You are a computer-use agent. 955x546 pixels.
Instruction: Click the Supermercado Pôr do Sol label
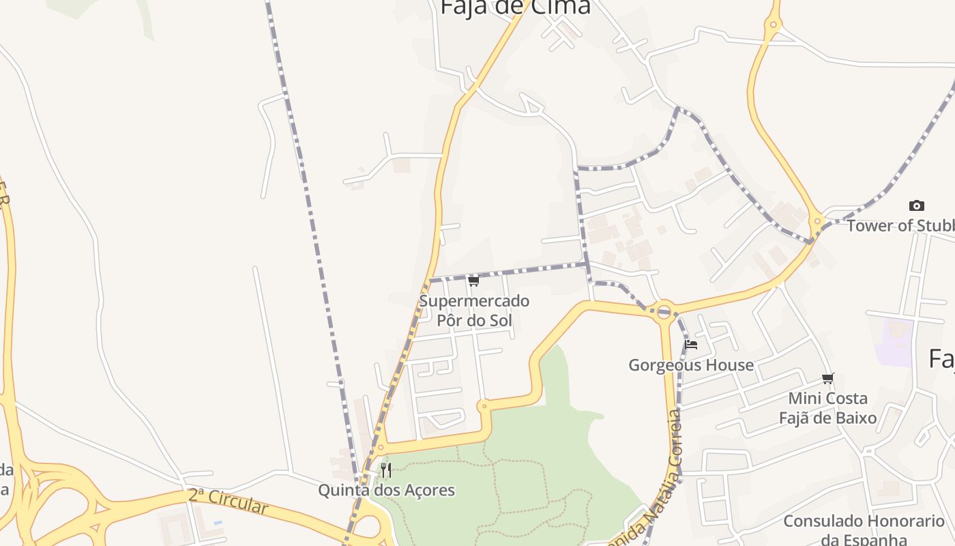[x=474, y=311]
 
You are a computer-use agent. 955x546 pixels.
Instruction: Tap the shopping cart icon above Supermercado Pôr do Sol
[x=474, y=281]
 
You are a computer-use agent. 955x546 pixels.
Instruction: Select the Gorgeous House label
[x=691, y=365]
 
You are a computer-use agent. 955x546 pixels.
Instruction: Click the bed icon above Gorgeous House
[x=691, y=345]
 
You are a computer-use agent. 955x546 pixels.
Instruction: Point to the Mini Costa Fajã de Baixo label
[x=828, y=407]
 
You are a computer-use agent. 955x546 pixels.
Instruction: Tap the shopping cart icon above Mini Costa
[x=828, y=378]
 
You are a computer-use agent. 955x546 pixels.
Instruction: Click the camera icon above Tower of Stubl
[x=917, y=205]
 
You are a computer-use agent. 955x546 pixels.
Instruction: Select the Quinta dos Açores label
[x=386, y=490]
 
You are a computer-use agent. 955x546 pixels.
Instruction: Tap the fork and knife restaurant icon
[x=386, y=470]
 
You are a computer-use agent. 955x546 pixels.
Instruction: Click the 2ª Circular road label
[x=229, y=502]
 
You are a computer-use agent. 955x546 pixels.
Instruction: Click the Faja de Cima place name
[x=515, y=7]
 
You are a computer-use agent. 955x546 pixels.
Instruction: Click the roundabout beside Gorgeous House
[x=664, y=311]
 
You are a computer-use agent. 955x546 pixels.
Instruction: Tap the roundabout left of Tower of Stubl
[x=817, y=221]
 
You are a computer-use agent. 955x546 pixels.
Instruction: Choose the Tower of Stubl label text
[x=900, y=226]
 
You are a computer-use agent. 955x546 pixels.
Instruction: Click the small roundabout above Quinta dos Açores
[x=380, y=448]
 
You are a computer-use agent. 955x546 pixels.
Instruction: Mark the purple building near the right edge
[x=894, y=343]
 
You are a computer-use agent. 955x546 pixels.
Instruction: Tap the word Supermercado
[x=474, y=301]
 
